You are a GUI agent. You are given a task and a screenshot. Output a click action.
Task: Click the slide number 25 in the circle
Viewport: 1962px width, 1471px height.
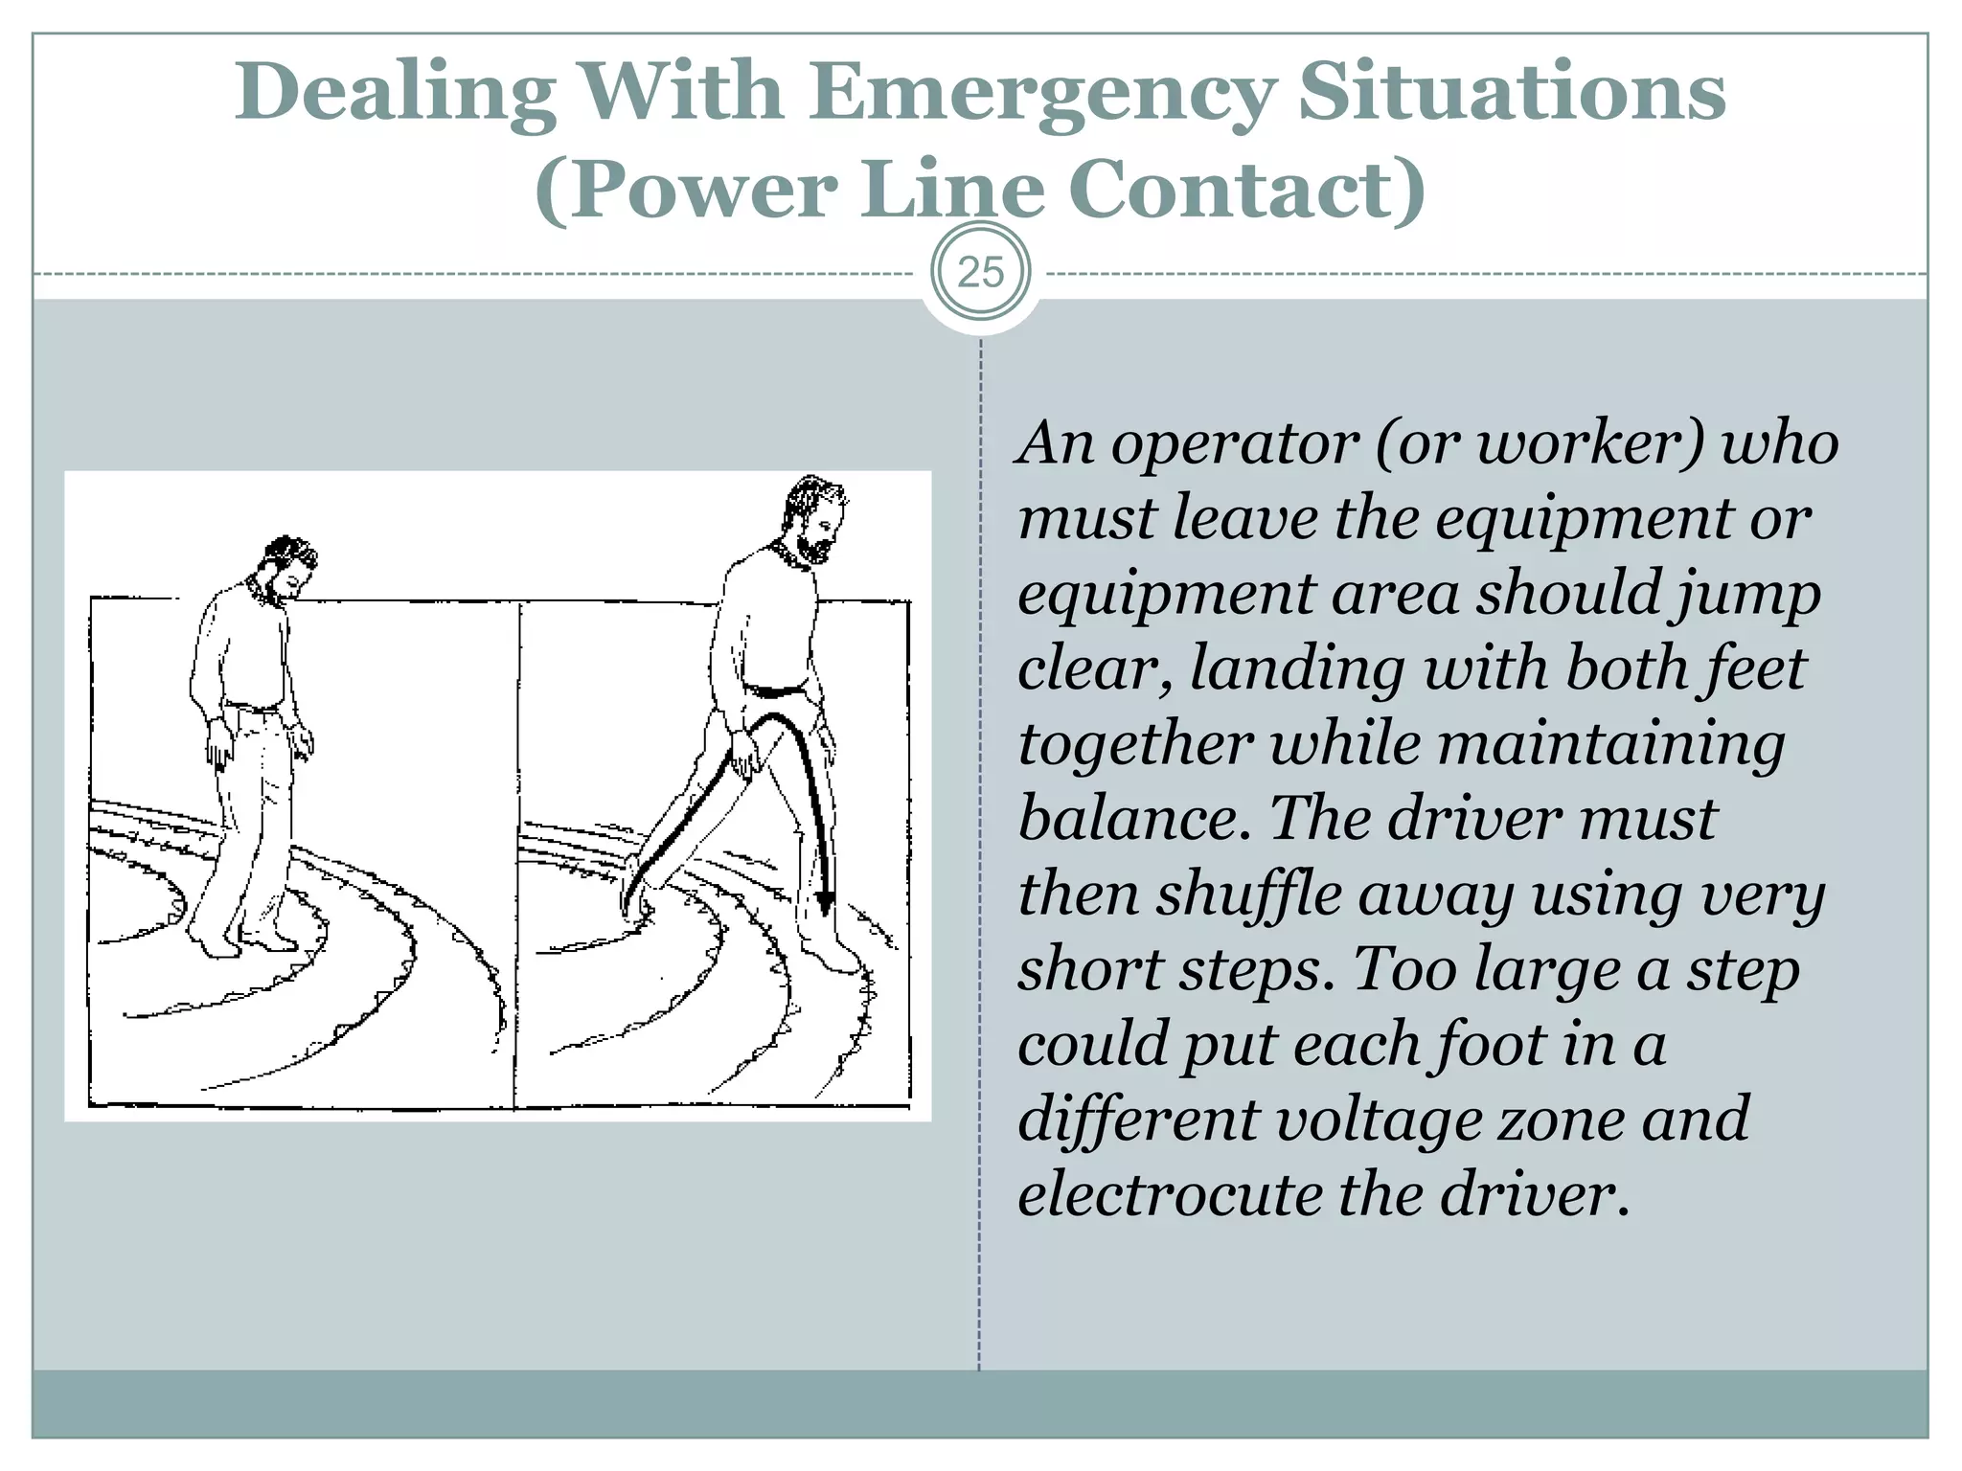(980, 273)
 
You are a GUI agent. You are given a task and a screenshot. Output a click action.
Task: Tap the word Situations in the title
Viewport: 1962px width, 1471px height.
(1511, 93)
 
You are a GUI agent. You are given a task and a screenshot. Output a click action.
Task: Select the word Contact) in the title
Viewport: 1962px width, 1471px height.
(1246, 190)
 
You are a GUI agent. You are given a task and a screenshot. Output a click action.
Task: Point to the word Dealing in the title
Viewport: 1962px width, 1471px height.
(396, 93)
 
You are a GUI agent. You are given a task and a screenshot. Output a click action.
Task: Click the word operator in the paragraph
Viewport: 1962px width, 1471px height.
(1234, 444)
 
